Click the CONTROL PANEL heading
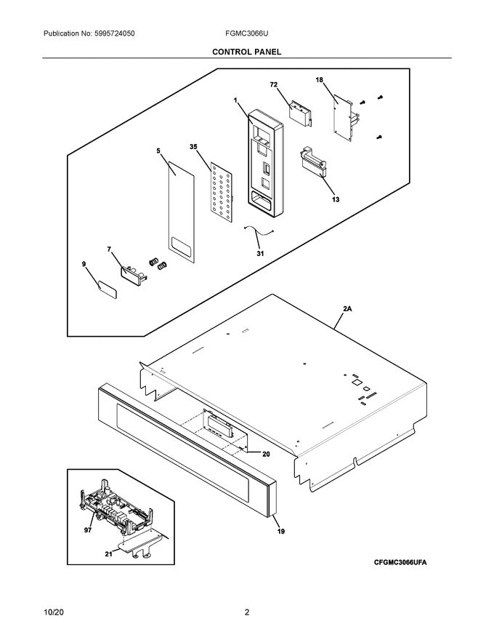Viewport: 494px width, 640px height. pyautogui.click(x=246, y=52)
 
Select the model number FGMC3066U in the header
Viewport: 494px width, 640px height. pyautogui.click(x=246, y=34)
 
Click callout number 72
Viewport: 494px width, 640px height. pyautogui.click(x=274, y=85)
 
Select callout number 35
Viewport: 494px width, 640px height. pyautogui.click(x=193, y=147)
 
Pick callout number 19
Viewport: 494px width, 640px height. pyautogui.click(x=280, y=532)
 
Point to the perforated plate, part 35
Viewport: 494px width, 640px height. pyautogui.click(x=220, y=191)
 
